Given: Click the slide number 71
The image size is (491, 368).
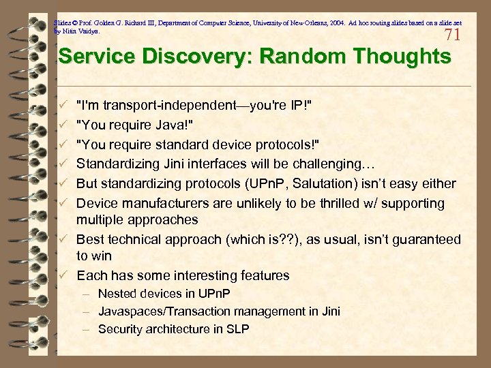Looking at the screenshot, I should (452, 35).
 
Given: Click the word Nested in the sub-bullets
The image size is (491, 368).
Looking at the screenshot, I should (118, 294).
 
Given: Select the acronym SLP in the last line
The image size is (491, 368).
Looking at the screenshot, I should (238, 329).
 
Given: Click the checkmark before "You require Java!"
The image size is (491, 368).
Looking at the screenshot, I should (63, 125).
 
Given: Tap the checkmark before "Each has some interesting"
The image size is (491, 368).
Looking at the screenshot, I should (63, 275).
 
